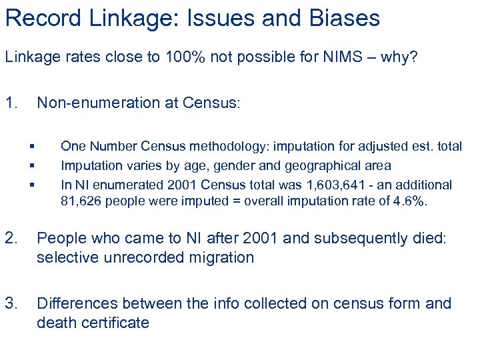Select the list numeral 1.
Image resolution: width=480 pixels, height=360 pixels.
[x=11, y=103]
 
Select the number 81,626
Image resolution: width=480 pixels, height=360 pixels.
[x=80, y=201]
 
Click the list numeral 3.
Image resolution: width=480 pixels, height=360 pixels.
[x=11, y=304]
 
